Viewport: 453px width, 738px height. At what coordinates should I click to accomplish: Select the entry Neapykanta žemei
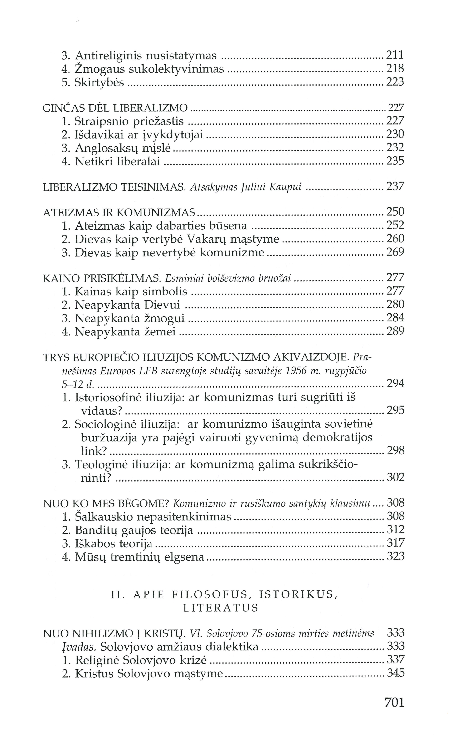coord(125,332)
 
